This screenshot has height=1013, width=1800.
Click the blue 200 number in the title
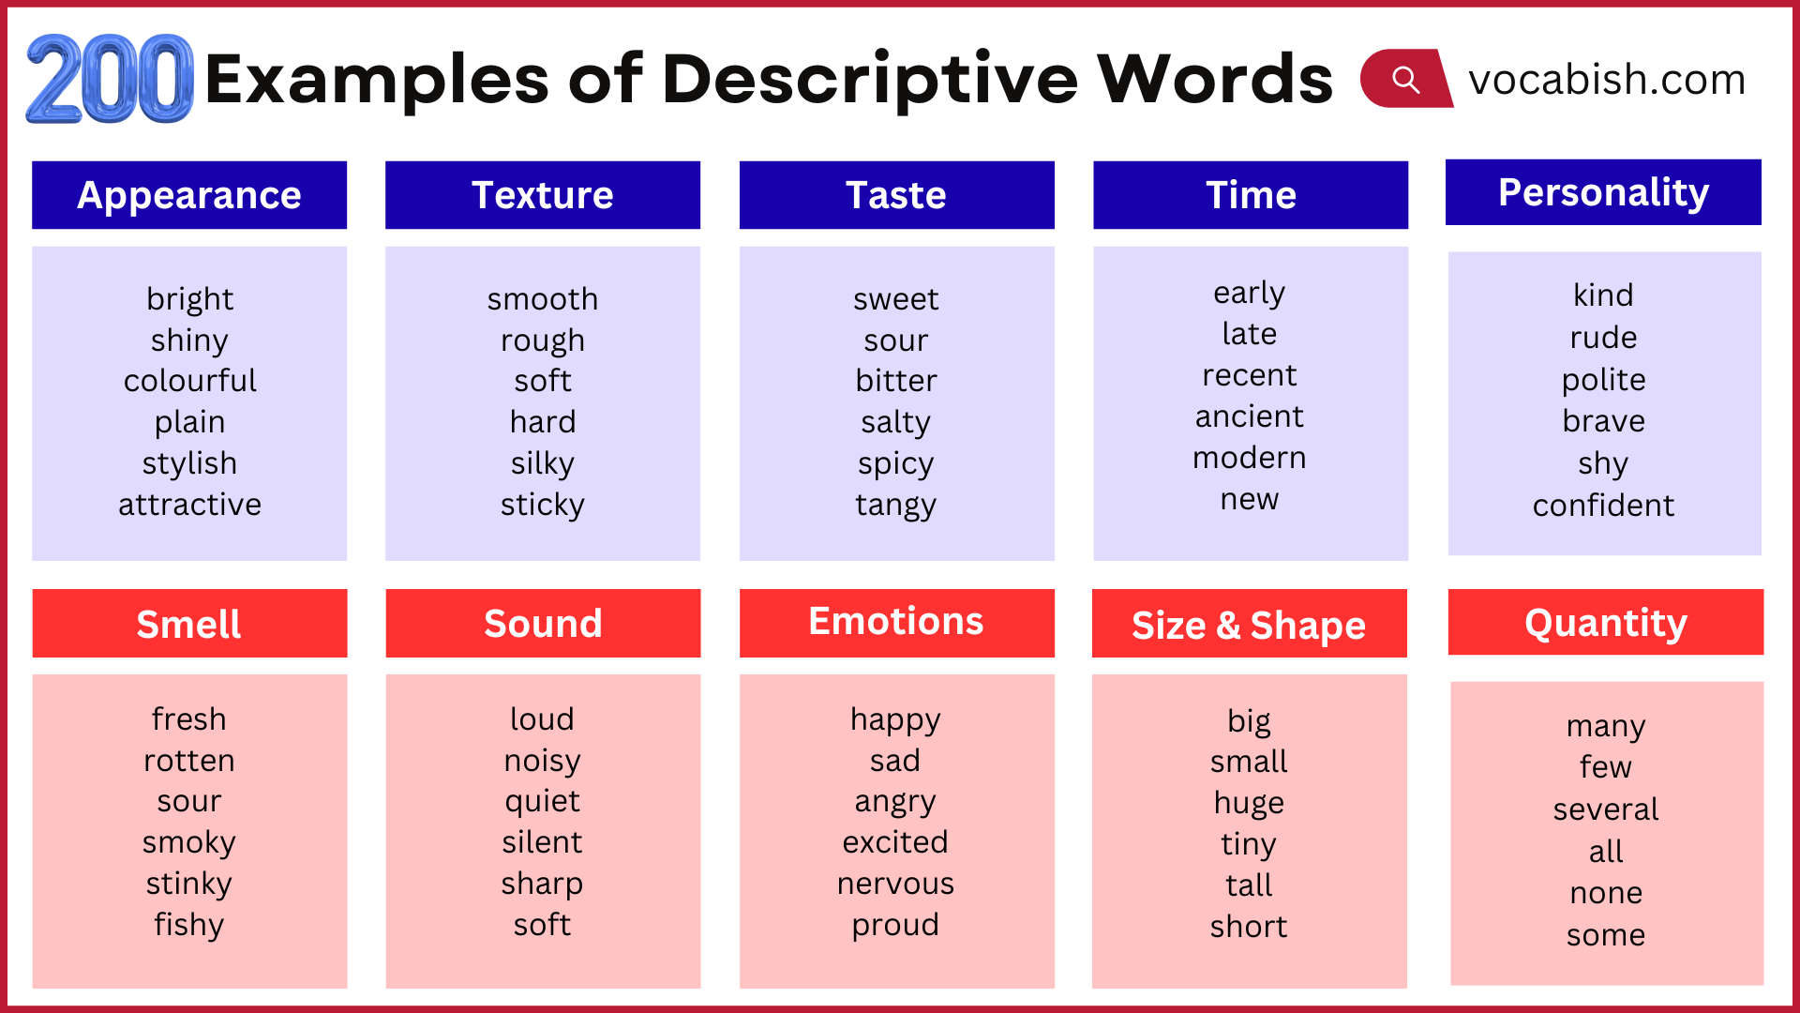[110, 79]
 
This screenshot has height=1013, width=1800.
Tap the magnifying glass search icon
[1405, 79]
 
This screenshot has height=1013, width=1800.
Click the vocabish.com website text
[1606, 79]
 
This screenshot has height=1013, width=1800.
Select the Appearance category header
[189, 195]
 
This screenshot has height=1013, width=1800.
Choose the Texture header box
[542, 195]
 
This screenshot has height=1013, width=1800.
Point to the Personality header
[1603, 192]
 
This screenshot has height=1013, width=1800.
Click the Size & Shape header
[1249, 624]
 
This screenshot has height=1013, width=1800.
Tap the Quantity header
[1605, 622]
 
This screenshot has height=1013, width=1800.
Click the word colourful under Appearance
[189, 381]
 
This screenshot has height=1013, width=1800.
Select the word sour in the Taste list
[896, 340]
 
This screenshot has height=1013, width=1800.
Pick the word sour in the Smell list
[189, 801]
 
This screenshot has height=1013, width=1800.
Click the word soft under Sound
[542, 925]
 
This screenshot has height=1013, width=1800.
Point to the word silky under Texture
[542, 463]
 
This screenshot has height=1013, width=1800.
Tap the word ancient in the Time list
[1249, 416]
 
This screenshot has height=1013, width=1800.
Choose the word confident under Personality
[1603, 506]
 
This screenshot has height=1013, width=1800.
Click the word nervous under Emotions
[895, 884]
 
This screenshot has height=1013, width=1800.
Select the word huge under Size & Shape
[1249, 803]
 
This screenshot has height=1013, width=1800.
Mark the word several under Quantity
[1605, 809]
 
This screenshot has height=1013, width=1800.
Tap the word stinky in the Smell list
[189, 884]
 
